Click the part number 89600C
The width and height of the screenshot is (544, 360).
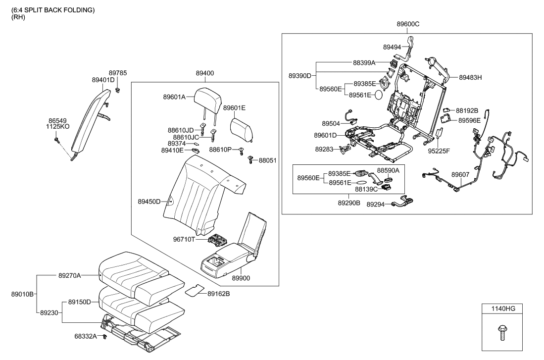pos(408,24)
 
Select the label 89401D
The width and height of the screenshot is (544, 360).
pos(103,80)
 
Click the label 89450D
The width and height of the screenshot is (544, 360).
pos(149,202)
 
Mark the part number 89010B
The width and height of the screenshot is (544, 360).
pos(22,294)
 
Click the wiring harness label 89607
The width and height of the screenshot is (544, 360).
pos(461,175)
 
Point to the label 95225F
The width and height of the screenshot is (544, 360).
pos(439,151)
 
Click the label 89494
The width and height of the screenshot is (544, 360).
pos(393,47)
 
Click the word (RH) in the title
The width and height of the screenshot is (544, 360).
pos(18,17)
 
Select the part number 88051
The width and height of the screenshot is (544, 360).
pos(269,160)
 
